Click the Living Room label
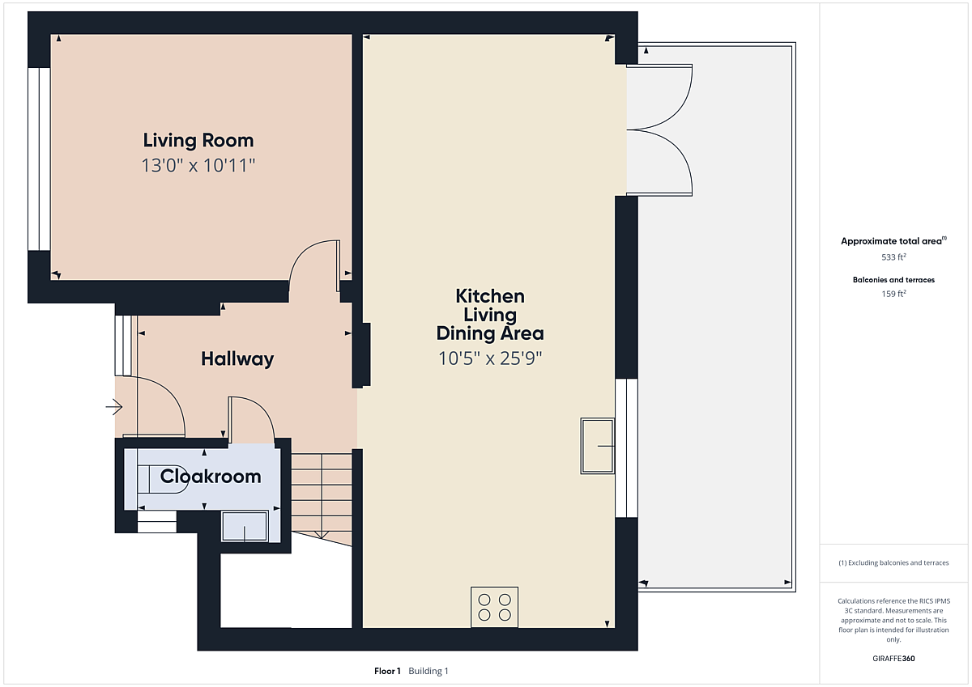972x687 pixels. (x=198, y=141)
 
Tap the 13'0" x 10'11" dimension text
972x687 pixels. (x=198, y=165)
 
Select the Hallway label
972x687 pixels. (x=237, y=359)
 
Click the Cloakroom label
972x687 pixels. (x=211, y=477)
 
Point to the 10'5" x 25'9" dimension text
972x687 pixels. (x=490, y=358)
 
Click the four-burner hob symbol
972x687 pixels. (x=494, y=607)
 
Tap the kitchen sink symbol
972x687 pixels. (x=598, y=446)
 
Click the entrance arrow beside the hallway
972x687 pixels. (x=114, y=407)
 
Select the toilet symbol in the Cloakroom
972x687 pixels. (x=162, y=479)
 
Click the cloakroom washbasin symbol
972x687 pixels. (x=245, y=526)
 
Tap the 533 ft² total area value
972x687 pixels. (x=893, y=257)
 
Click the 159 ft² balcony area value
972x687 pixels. (x=893, y=294)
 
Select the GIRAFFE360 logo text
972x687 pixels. (x=893, y=659)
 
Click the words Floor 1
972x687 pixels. (x=387, y=671)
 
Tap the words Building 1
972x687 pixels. (x=428, y=671)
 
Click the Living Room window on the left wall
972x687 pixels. (x=39, y=159)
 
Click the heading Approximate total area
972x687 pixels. (x=891, y=241)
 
